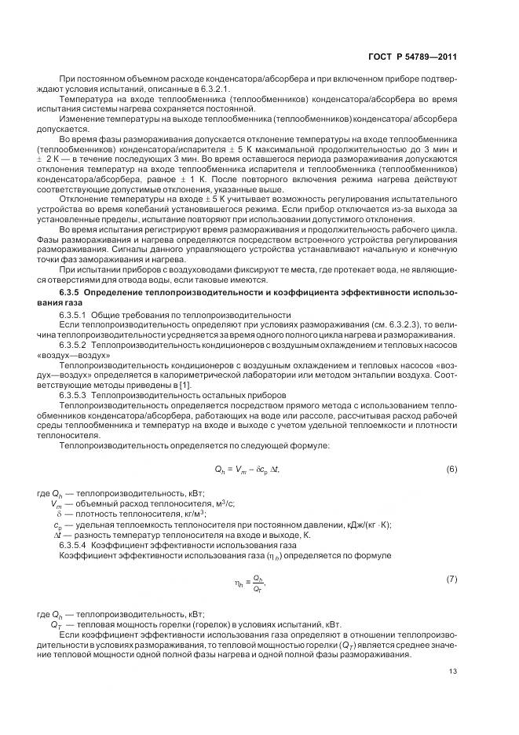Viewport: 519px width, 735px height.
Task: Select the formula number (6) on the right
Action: coord(451,469)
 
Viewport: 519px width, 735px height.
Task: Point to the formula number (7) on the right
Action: coord(451,579)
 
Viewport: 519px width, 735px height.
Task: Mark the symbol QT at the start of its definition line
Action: coord(57,626)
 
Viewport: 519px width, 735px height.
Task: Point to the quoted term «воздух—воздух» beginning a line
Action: coord(70,355)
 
